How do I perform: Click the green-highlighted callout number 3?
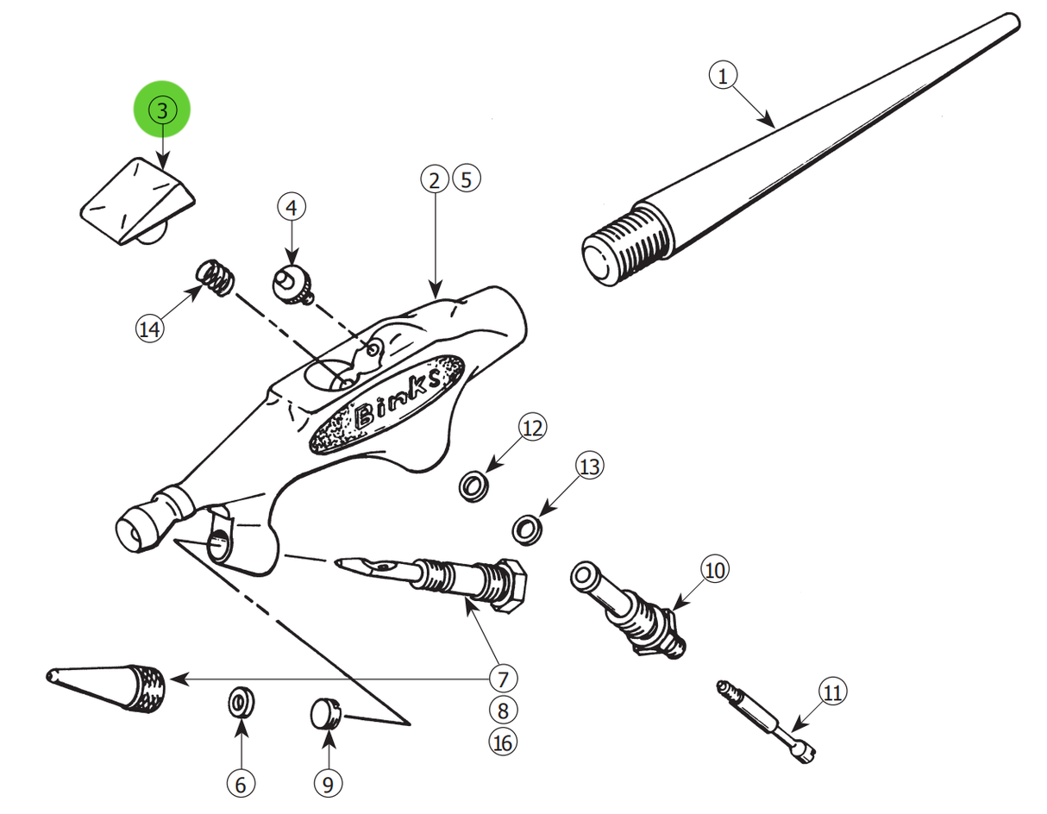pos(161,110)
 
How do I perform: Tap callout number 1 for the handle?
pos(723,76)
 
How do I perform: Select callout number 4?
pos(292,207)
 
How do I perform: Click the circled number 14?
pos(149,328)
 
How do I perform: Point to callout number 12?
pos(533,428)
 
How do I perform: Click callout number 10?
pos(714,569)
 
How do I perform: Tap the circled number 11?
pos(831,692)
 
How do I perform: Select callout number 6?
pos(241,784)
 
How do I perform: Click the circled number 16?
pos(503,741)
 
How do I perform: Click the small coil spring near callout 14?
pos(215,278)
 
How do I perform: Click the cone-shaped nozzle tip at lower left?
pos(112,686)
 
